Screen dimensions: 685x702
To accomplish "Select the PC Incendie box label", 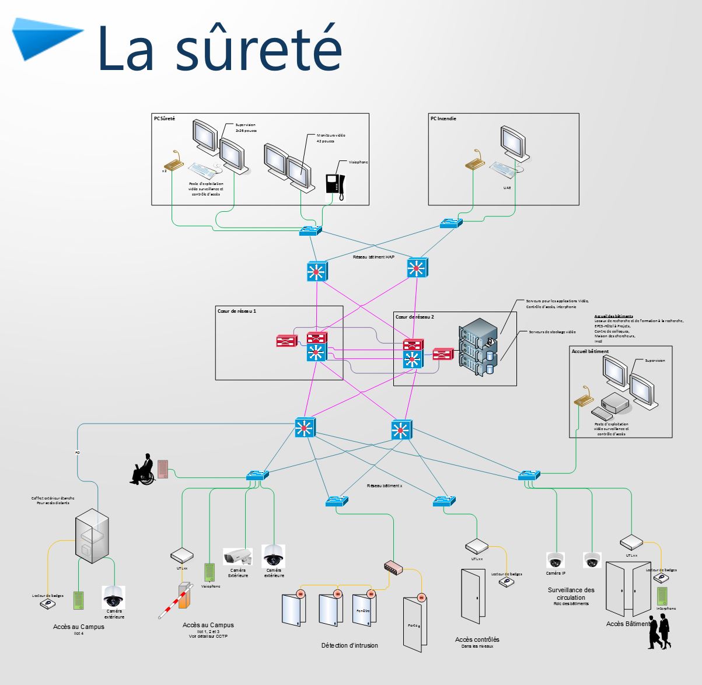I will [443, 118].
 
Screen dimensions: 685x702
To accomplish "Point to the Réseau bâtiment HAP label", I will [374, 257].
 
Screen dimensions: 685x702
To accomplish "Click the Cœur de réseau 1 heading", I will [237, 312].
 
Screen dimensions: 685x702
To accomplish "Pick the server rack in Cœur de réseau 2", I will [479, 348].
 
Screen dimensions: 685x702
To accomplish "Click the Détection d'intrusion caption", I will [350, 645].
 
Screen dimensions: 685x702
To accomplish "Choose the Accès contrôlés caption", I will [477, 639].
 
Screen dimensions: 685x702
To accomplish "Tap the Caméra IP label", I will [556, 573].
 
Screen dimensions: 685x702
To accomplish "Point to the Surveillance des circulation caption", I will [571, 593].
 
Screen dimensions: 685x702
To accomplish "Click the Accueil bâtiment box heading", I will [590, 352].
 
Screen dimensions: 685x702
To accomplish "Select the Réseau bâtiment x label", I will [385, 485].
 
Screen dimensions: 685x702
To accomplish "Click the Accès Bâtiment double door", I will [627, 589].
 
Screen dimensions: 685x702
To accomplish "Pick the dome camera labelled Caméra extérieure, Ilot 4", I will [113, 596].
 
